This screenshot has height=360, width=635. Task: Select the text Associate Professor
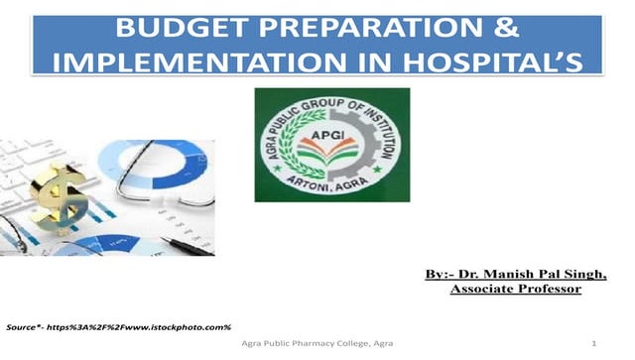coord(515,289)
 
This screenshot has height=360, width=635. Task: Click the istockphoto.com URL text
coord(179,326)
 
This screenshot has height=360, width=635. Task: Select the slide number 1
coord(592,343)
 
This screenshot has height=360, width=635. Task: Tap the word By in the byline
coord(438,273)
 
